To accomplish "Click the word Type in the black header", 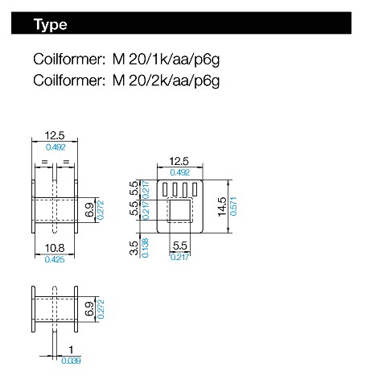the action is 50,25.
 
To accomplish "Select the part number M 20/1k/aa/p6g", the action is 166,60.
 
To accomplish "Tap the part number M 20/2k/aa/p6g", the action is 166,81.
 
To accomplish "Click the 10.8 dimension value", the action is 55,248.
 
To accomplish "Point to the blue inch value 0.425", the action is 55,259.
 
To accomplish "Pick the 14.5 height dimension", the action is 222,207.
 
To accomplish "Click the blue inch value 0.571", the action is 233,206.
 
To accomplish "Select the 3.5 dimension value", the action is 134,248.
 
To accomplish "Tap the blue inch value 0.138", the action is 145,248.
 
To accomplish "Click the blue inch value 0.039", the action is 71,361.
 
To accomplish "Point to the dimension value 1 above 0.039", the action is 71,349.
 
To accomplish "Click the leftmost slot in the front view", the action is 164,189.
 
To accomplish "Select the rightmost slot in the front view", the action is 195,189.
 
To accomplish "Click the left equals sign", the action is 44,162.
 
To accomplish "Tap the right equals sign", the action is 66,162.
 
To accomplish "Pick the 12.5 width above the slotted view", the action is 179,161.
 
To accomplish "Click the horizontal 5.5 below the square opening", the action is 180,246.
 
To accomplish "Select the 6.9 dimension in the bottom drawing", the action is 89,308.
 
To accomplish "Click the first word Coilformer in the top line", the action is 69,60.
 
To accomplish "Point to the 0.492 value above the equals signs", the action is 56,147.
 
